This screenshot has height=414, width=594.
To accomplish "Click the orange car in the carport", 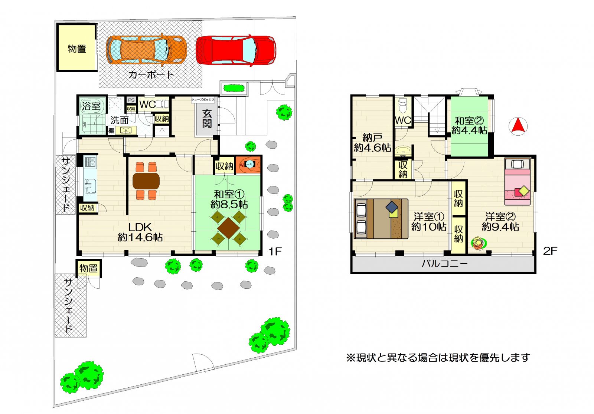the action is [146, 50].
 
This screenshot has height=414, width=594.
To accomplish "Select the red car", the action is [236, 50].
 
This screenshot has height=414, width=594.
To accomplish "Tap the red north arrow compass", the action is [518, 126].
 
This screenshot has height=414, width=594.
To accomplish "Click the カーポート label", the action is [151, 75].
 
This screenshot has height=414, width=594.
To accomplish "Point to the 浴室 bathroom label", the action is [91, 106].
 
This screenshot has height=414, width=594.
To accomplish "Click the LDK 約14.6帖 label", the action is [140, 232].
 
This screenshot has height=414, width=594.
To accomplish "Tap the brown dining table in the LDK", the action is [146, 181].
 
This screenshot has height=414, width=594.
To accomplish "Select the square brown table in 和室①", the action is [228, 228].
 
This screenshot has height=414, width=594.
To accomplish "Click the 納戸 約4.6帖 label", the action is [372, 143].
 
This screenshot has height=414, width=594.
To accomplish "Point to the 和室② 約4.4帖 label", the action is [469, 126].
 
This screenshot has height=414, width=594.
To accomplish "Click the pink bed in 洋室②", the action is [518, 182].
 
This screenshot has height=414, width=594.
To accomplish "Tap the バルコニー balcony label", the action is [445, 264].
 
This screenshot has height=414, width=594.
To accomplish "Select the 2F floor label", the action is [550, 251].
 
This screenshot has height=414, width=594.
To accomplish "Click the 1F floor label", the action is [275, 251].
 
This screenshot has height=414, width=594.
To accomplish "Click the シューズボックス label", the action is [203, 100].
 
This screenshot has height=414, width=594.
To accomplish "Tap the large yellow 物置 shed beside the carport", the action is [77, 48].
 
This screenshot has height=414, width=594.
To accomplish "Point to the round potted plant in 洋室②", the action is [479, 243].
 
